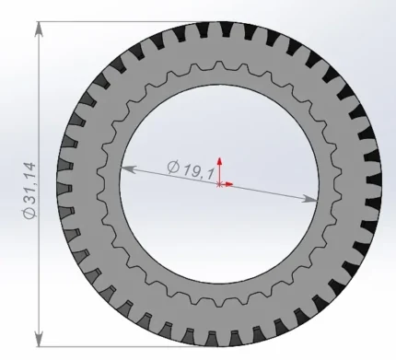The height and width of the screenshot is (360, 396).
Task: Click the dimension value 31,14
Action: [30, 183]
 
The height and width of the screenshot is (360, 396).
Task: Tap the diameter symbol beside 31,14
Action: [30, 213]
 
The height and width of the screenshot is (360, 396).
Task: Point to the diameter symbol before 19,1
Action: [173, 167]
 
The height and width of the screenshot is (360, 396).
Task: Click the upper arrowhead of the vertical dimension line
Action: [39, 29]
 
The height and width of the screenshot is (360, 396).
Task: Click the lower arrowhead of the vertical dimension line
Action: [39, 339]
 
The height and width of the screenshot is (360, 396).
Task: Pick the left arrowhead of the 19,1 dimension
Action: [128, 168]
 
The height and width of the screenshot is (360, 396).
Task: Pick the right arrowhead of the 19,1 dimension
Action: [310, 199]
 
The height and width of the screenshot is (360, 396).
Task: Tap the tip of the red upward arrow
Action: [219, 157]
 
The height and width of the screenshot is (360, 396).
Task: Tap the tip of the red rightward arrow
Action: [233, 184]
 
